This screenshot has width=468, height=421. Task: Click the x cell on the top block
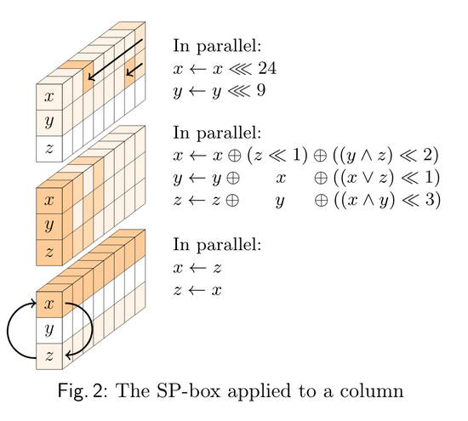tap(49, 97)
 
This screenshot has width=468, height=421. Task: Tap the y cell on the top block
tap(49, 123)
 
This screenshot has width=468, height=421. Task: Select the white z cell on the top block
tap(49, 149)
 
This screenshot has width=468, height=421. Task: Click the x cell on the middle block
tap(49, 201)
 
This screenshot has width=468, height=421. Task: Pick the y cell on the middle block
tap(49, 227)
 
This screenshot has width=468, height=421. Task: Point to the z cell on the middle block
tap(49, 253)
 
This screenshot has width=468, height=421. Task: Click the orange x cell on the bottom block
tap(49, 304)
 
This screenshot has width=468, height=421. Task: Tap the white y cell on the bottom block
tap(49, 331)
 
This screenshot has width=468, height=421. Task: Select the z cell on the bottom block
tap(49, 356)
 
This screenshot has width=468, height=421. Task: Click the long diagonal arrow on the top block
tap(116, 60)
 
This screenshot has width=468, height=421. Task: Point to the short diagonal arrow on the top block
tap(134, 69)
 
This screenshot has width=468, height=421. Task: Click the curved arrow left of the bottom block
tap(11, 330)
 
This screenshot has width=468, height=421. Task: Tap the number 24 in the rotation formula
tap(267, 68)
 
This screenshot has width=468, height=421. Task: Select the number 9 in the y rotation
tap(261, 90)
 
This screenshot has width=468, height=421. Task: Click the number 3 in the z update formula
tap(430, 199)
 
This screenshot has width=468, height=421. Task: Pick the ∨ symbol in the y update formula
tap(366, 179)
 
